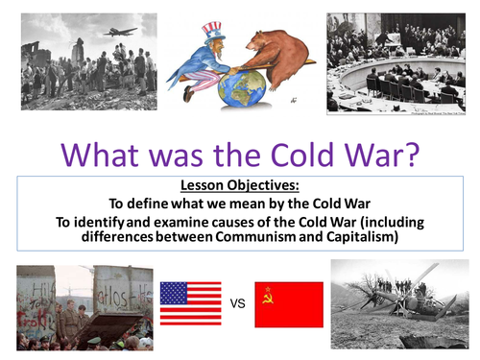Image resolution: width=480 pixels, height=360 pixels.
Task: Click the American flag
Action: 190,303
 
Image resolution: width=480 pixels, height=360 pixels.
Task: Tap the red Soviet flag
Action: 288,304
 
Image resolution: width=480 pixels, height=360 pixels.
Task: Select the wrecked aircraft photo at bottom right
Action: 398,302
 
